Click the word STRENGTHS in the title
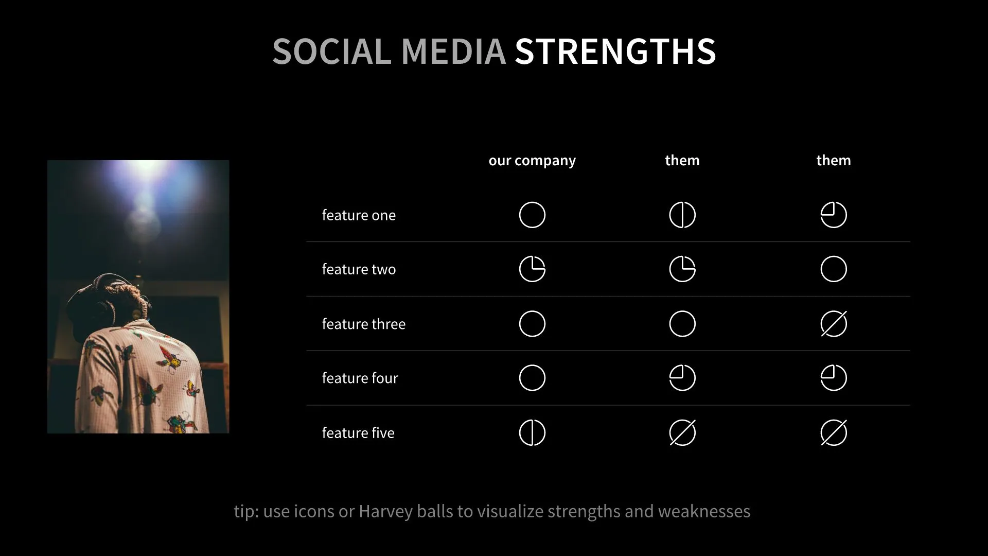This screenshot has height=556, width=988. (615, 51)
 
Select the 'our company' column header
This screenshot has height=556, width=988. (532, 161)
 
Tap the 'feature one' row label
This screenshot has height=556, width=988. (359, 215)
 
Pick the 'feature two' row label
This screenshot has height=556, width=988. (359, 269)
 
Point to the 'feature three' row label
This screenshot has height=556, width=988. (363, 324)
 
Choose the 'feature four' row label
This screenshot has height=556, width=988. (360, 378)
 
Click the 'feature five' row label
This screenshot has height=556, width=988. (358, 433)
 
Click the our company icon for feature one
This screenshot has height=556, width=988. (532, 215)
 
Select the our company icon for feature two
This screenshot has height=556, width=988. (532, 269)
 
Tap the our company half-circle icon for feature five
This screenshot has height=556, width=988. (532, 432)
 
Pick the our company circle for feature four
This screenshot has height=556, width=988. (532, 378)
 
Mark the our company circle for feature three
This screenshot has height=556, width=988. (532, 324)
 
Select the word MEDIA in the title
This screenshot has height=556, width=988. (453, 51)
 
